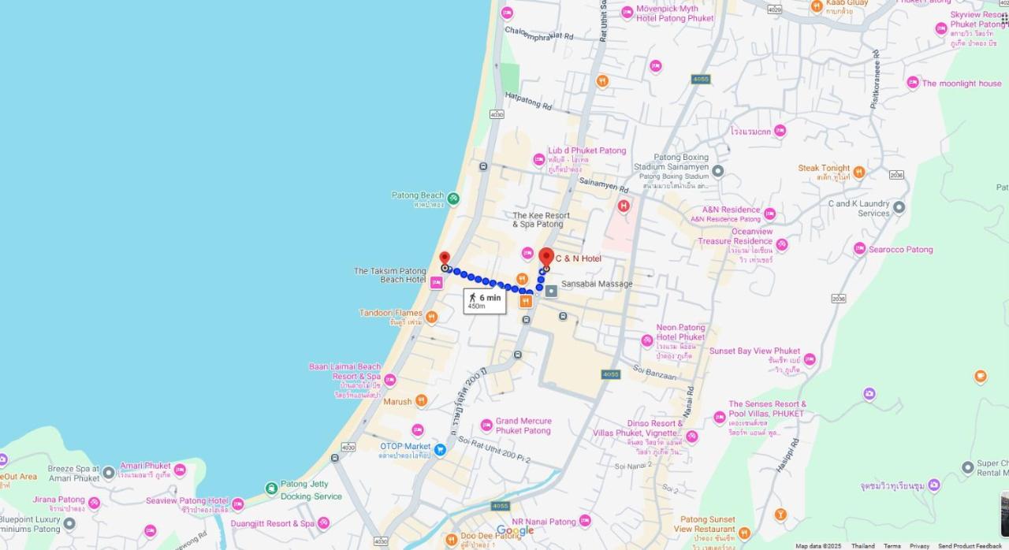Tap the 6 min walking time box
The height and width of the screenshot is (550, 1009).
point(485,300)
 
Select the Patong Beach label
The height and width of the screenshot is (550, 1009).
point(418,195)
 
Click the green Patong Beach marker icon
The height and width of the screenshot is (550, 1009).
point(453,198)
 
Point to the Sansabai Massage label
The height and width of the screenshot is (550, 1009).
point(597,284)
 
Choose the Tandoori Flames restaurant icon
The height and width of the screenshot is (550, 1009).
point(431,318)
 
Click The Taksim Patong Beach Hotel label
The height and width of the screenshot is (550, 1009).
point(389,275)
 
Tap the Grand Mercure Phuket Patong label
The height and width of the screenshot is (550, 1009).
point(523,426)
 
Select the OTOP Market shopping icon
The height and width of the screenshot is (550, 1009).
point(440,450)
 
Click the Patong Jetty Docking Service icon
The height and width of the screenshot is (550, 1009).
point(272,489)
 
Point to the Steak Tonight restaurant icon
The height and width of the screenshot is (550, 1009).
point(859,172)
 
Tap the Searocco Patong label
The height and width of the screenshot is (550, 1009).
point(900,249)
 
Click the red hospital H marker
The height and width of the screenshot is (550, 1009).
point(624,206)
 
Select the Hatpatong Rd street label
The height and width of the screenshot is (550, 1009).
point(528,101)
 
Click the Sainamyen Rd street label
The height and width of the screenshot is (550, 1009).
point(603,184)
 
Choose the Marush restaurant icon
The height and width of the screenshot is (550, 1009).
point(422,401)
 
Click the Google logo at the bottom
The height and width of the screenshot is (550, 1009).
point(515,531)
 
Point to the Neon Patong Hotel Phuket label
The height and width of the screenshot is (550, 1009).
point(680,333)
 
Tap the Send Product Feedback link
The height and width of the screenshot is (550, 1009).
point(970,545)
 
